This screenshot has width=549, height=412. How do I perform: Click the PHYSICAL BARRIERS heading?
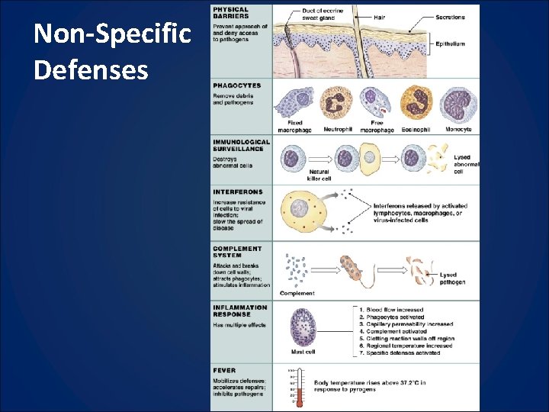(x=231, y=12)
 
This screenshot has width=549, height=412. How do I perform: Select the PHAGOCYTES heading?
(x=237, y=85)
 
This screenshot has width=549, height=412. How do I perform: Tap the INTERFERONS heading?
(x=238, y=192)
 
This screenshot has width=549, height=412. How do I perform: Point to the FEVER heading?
(x=225, y=371)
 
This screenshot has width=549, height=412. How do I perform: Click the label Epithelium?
(x=449, y=44)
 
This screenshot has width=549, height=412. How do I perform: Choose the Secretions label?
(x=450, y=17)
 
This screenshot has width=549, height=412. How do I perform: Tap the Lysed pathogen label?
(x=452, y=278)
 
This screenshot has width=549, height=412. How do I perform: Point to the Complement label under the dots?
(x=297, y=293)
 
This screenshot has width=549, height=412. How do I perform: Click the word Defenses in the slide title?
(x=91, y=70)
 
